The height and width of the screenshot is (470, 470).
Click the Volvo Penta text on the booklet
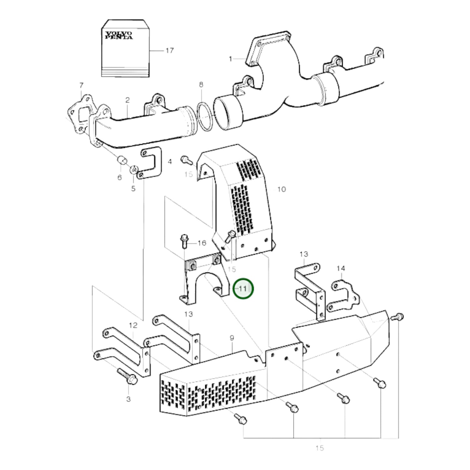point(118,35)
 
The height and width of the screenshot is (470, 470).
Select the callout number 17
point(169,50)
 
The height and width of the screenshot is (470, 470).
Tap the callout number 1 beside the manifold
point(230,59)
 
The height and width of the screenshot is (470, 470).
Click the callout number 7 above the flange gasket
point(81,86)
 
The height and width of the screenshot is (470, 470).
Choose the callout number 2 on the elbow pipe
point(127,100)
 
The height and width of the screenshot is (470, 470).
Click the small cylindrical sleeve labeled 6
point(122,160)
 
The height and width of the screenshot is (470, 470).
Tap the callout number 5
point(133,189)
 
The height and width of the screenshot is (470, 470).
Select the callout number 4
point(170,162)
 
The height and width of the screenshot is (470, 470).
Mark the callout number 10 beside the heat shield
point(281,189)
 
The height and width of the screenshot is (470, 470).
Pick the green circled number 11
point(243,289)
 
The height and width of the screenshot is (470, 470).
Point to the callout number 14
point(341,268)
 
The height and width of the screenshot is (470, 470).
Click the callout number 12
point(133,325)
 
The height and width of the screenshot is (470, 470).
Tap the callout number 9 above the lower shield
point(232,338)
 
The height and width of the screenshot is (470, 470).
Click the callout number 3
point(128,399)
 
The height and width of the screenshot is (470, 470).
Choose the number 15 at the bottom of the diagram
point(319,448)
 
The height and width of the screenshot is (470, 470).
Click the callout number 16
point(202,243)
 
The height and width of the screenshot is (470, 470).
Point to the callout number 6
point(119,178)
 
